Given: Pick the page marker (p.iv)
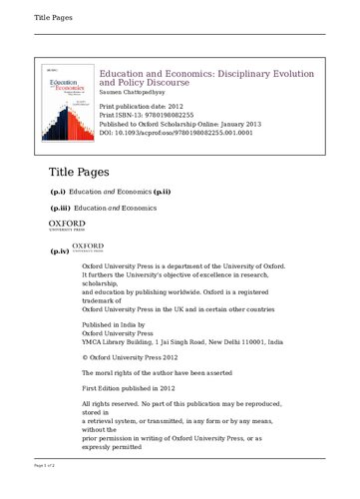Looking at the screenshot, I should (61, 252).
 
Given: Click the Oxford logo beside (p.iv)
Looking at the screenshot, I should (89, 248).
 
